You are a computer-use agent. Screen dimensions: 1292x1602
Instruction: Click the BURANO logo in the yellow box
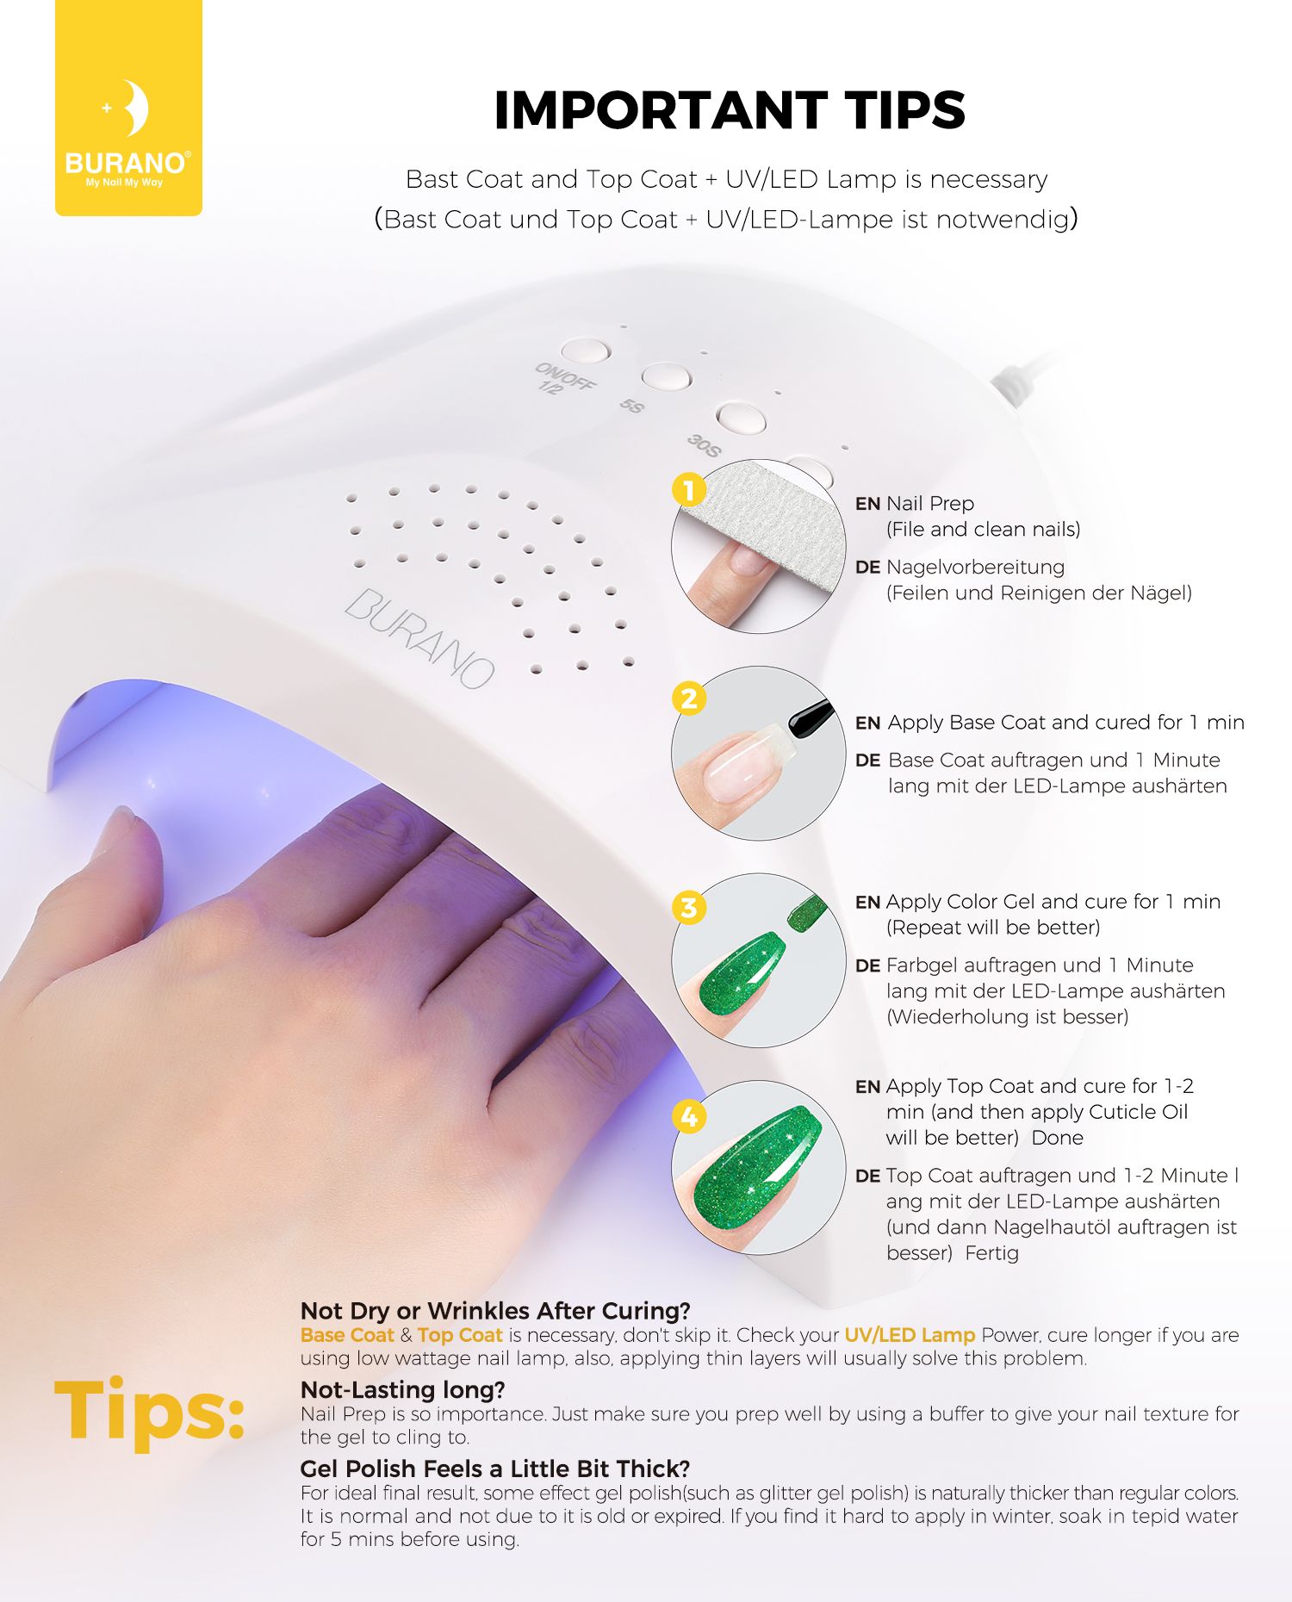[x=128, y=134]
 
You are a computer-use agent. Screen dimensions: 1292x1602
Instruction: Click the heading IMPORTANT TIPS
[x=730, y=110]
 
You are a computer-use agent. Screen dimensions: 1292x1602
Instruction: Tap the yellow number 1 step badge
[x=689, y=490]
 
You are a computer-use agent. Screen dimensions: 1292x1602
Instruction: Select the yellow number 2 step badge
[x=689, y=699]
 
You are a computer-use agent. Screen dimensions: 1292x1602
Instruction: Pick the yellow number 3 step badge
[x=689, y=907]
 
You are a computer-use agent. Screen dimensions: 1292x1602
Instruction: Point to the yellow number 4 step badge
[x=689, y=1116]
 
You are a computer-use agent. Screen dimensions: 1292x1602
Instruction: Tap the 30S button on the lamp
[x=742, y=417]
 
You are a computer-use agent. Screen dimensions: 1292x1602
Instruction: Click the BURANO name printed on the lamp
[x=419, y=637]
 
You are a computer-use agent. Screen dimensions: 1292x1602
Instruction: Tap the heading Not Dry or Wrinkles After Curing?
[x=495, y=1311]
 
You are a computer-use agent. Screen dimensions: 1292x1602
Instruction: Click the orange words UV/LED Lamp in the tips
[x=910, y=1335]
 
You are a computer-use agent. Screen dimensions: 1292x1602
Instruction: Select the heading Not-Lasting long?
[x=402, y=1389]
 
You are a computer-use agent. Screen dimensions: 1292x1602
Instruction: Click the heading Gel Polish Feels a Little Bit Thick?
[x=495, y=1468]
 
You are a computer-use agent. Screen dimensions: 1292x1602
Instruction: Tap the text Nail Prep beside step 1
[x=930, y=504]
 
